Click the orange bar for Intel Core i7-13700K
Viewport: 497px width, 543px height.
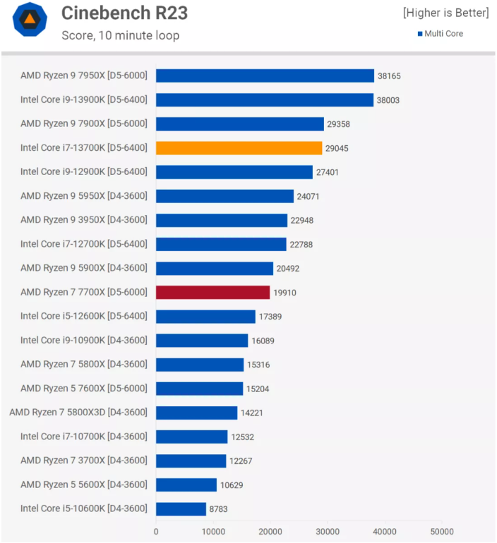239,148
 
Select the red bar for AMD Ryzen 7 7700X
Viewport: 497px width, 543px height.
212,292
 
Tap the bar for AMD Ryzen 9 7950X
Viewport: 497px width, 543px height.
265,76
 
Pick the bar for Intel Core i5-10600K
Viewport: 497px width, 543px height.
181,508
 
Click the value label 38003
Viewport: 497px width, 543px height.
388,100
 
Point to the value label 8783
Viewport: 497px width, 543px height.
218,509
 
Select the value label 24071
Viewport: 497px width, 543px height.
308,196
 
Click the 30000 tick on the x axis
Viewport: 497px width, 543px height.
327,531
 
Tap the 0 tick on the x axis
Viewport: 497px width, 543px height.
156,531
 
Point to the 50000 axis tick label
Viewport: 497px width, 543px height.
442,531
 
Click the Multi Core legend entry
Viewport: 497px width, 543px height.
440,34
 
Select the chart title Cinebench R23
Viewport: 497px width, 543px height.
124,13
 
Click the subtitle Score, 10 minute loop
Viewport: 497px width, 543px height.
120,35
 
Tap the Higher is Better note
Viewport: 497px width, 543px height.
445,13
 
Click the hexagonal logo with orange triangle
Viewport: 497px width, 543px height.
30,20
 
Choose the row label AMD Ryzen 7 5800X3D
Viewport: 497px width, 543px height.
78,412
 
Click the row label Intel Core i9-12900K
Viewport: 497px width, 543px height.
84,172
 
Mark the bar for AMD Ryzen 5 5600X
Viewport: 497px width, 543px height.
186,485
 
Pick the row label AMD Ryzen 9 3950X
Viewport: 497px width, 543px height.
84,220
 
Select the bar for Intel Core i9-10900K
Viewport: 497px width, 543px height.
202,341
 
